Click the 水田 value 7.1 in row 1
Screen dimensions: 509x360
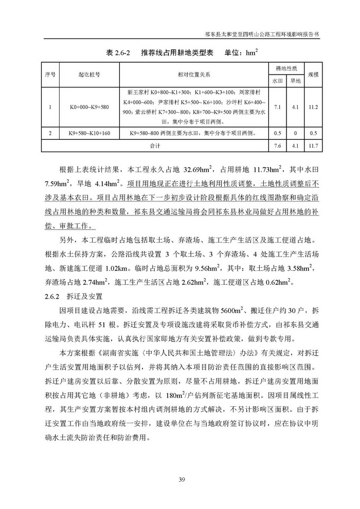tap(277, 107)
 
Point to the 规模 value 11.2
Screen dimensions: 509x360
tap(313, 107)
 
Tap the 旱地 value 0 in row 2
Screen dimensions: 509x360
tap(295, 134)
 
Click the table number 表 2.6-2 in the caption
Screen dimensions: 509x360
tap(119, 53)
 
